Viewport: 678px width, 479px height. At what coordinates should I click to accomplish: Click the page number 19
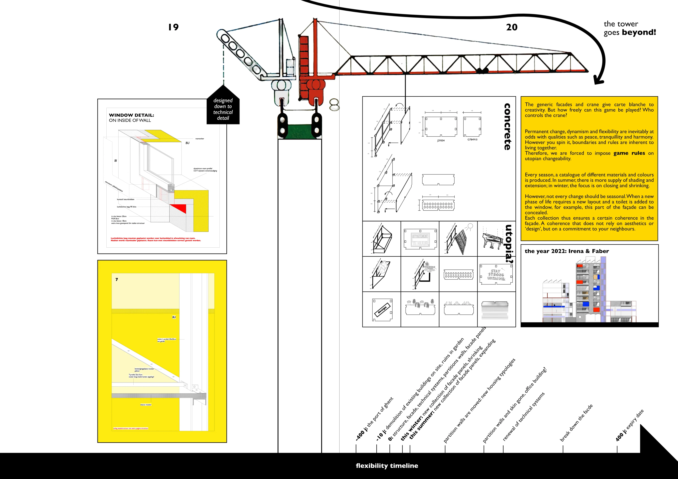(x=173, y=27)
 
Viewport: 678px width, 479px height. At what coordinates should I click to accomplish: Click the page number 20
(x=512, y=27)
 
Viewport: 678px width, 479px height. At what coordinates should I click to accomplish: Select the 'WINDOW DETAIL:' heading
(x=131, y=115)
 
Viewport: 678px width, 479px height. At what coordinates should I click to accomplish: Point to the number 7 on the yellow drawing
(x=117, y=279)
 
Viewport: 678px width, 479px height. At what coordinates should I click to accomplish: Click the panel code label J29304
(x=441, y=140)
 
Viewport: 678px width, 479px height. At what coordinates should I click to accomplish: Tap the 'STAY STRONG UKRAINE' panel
(x=496, y=274)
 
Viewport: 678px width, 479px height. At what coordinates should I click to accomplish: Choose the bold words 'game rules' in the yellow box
(x=629, y=153)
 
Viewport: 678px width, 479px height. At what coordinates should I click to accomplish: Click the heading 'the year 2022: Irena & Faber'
(x=567, y=251)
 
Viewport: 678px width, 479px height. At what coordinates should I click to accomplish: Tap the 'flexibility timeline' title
(x=387, y=466)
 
